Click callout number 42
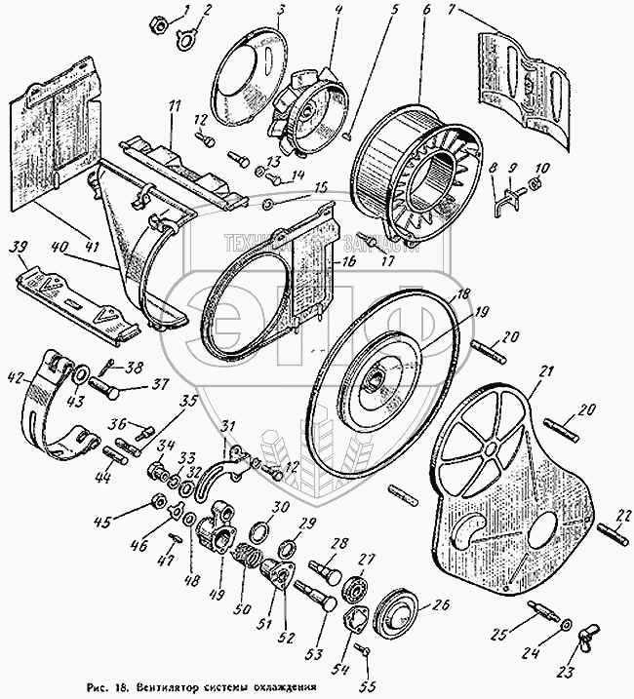pyautogui.click(x=16, y=373)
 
